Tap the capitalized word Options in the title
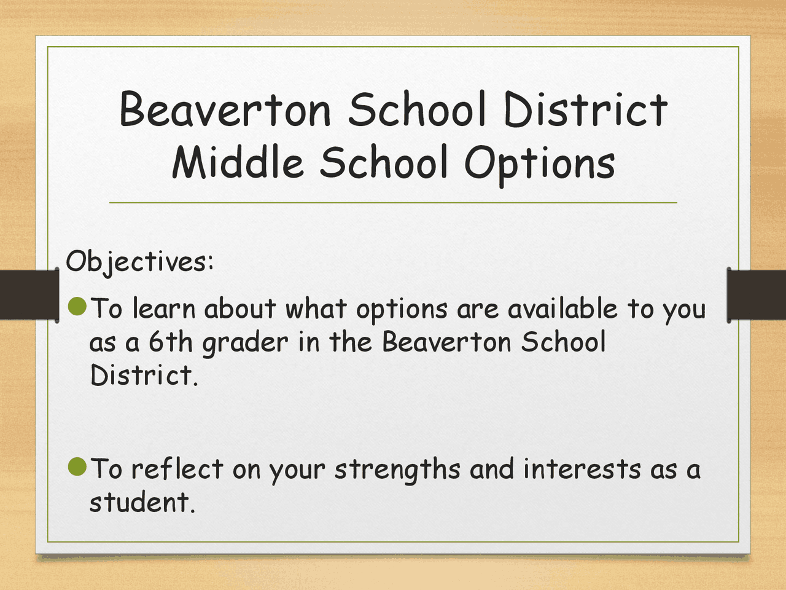pos(539,163)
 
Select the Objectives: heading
pos(140,262)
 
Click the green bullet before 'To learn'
pos(77,305)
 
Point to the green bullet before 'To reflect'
pos(77,466)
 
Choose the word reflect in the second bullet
pos(177,469)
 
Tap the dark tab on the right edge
pos(757,294)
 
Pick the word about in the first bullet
pos(240,309)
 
